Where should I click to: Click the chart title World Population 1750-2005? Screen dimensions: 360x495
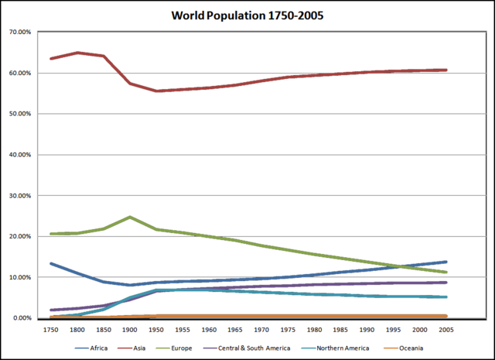pyautogui.click(x=247, y=15)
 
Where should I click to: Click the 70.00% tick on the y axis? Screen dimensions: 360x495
pyautogui.click(x=19, y=33)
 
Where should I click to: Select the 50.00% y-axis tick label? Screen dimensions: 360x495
pyautogui.click(x=19, y=114)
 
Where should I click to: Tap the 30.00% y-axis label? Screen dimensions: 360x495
pyautogui.click(x=19, y=196)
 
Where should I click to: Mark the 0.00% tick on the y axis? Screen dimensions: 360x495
pyautogui.click(x=20, y=318)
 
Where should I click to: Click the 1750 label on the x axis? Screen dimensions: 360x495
pyautogui.click(x=51, y=328)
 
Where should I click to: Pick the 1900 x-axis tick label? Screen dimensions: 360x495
pyautogui.click(x=130, y=328)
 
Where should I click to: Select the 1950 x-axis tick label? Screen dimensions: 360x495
pyautogui.click(x=156, y=328)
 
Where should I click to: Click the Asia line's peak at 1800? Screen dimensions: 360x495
pyautogui.click(x=77, y=53)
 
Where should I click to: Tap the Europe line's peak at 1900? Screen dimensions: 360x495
pyautogui.click(x=130, y=217)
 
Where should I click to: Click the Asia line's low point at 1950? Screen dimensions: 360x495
pyautogui.click(x=156, y=91)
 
